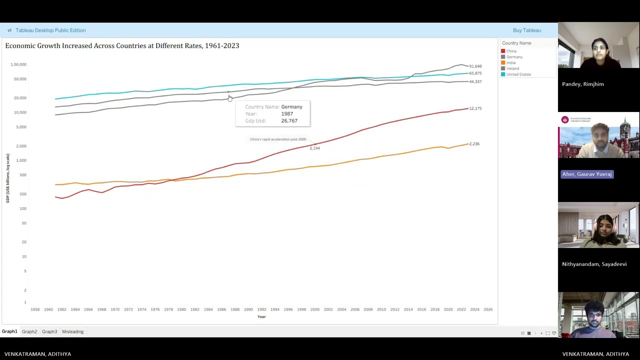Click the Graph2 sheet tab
(x=29, y=331)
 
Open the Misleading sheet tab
(x=72, y=331)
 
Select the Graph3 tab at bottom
(x=49, y=331)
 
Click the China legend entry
(x=511, y=51)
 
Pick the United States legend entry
(x=518, y=74)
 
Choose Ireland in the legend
(x=512, y=68)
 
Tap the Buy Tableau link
(x=526, y=30)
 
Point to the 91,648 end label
(x=475, y=66)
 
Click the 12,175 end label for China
(x=475, y=108)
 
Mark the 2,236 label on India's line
(x=474, y=144)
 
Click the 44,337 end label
(x=475, y=81)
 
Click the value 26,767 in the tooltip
(x=289, y=120)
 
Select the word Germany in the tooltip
(x=291, y=107)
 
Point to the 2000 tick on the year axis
(x=314, y=309)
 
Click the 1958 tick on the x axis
(x=35, y=309)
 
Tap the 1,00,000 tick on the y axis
(x=18, y=64)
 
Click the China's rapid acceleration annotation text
(x=278, y=139)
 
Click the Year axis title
(x=261, y=316)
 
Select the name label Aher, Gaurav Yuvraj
(x=586, y=174)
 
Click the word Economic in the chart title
(x=21, y=45)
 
